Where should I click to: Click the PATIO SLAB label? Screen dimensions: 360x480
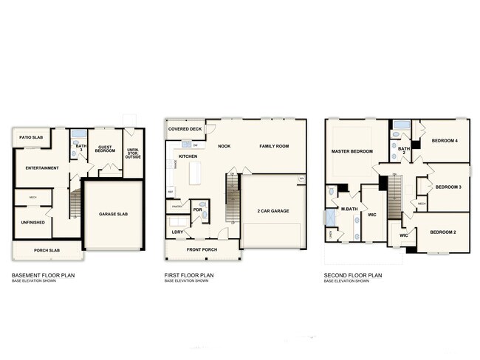30,137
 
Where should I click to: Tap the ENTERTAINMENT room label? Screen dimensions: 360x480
42,168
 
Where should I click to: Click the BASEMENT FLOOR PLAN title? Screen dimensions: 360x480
43,275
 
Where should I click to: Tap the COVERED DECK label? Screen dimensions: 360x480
185,129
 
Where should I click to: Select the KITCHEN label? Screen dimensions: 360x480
188,156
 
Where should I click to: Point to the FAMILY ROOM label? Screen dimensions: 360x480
273,146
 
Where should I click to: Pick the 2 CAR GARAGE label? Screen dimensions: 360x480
273,211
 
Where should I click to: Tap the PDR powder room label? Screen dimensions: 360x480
197,210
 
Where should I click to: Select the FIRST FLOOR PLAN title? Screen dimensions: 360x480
189,275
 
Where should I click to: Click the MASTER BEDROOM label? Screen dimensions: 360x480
352,151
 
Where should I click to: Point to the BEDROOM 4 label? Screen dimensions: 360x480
445,140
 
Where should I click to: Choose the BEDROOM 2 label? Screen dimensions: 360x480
444,232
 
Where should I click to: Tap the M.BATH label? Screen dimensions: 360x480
349,210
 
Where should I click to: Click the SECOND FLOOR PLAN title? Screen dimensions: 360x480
353,275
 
